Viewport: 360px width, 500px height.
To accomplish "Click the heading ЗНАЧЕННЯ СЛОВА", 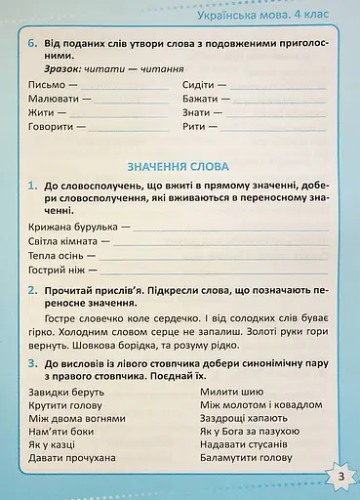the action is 179,164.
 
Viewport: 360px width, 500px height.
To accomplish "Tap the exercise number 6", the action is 32,44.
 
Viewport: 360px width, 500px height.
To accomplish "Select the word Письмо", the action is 35,84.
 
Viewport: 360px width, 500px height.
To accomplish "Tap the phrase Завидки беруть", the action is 58,390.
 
